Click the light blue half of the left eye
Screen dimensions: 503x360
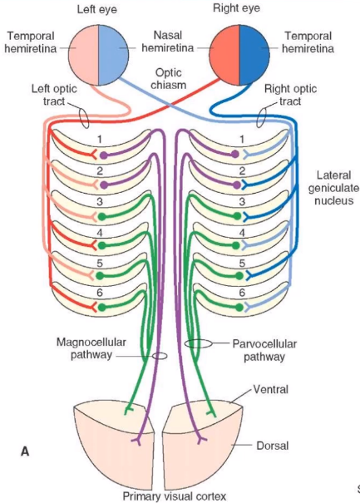[x=114, y=49]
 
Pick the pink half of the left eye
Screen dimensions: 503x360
[x=85, y=49]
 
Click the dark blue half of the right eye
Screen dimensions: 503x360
[x=254, y=49]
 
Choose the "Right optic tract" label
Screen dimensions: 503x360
[x=293, y=95]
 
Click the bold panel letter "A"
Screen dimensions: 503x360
[x=25, y=451]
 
